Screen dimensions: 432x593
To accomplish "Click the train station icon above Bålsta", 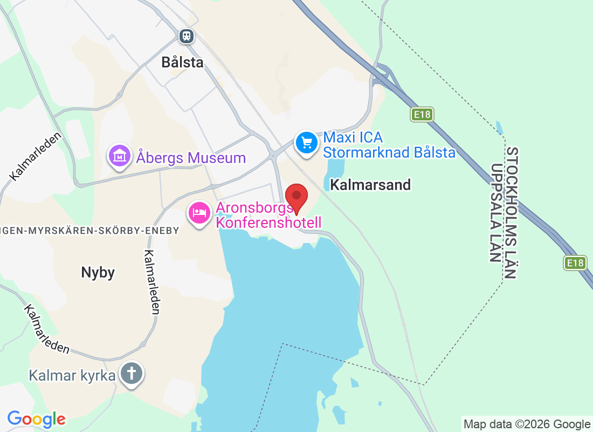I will point(187,36).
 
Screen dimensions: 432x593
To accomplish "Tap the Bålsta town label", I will point(183,63).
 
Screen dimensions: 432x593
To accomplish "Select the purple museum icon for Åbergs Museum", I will point(120,156).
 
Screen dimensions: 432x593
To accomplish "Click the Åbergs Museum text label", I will point(191,158).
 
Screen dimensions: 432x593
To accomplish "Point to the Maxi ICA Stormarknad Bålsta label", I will point(389,145).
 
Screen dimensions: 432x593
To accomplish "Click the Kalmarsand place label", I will point(370,185).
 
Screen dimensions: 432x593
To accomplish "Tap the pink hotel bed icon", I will point(199,213).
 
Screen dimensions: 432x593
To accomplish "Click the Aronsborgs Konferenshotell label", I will point(268,215).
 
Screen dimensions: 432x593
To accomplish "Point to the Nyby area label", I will point(98,273).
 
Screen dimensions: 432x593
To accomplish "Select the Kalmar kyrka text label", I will point(72,375).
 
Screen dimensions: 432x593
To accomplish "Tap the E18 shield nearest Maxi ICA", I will point(422,114).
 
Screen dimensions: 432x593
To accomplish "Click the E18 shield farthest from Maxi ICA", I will point(575,263).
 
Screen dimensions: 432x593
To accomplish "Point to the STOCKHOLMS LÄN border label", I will point(512,213).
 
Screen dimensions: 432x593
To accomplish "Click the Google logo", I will point(37,419).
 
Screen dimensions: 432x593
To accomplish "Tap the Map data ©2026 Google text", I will point(527,424).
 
